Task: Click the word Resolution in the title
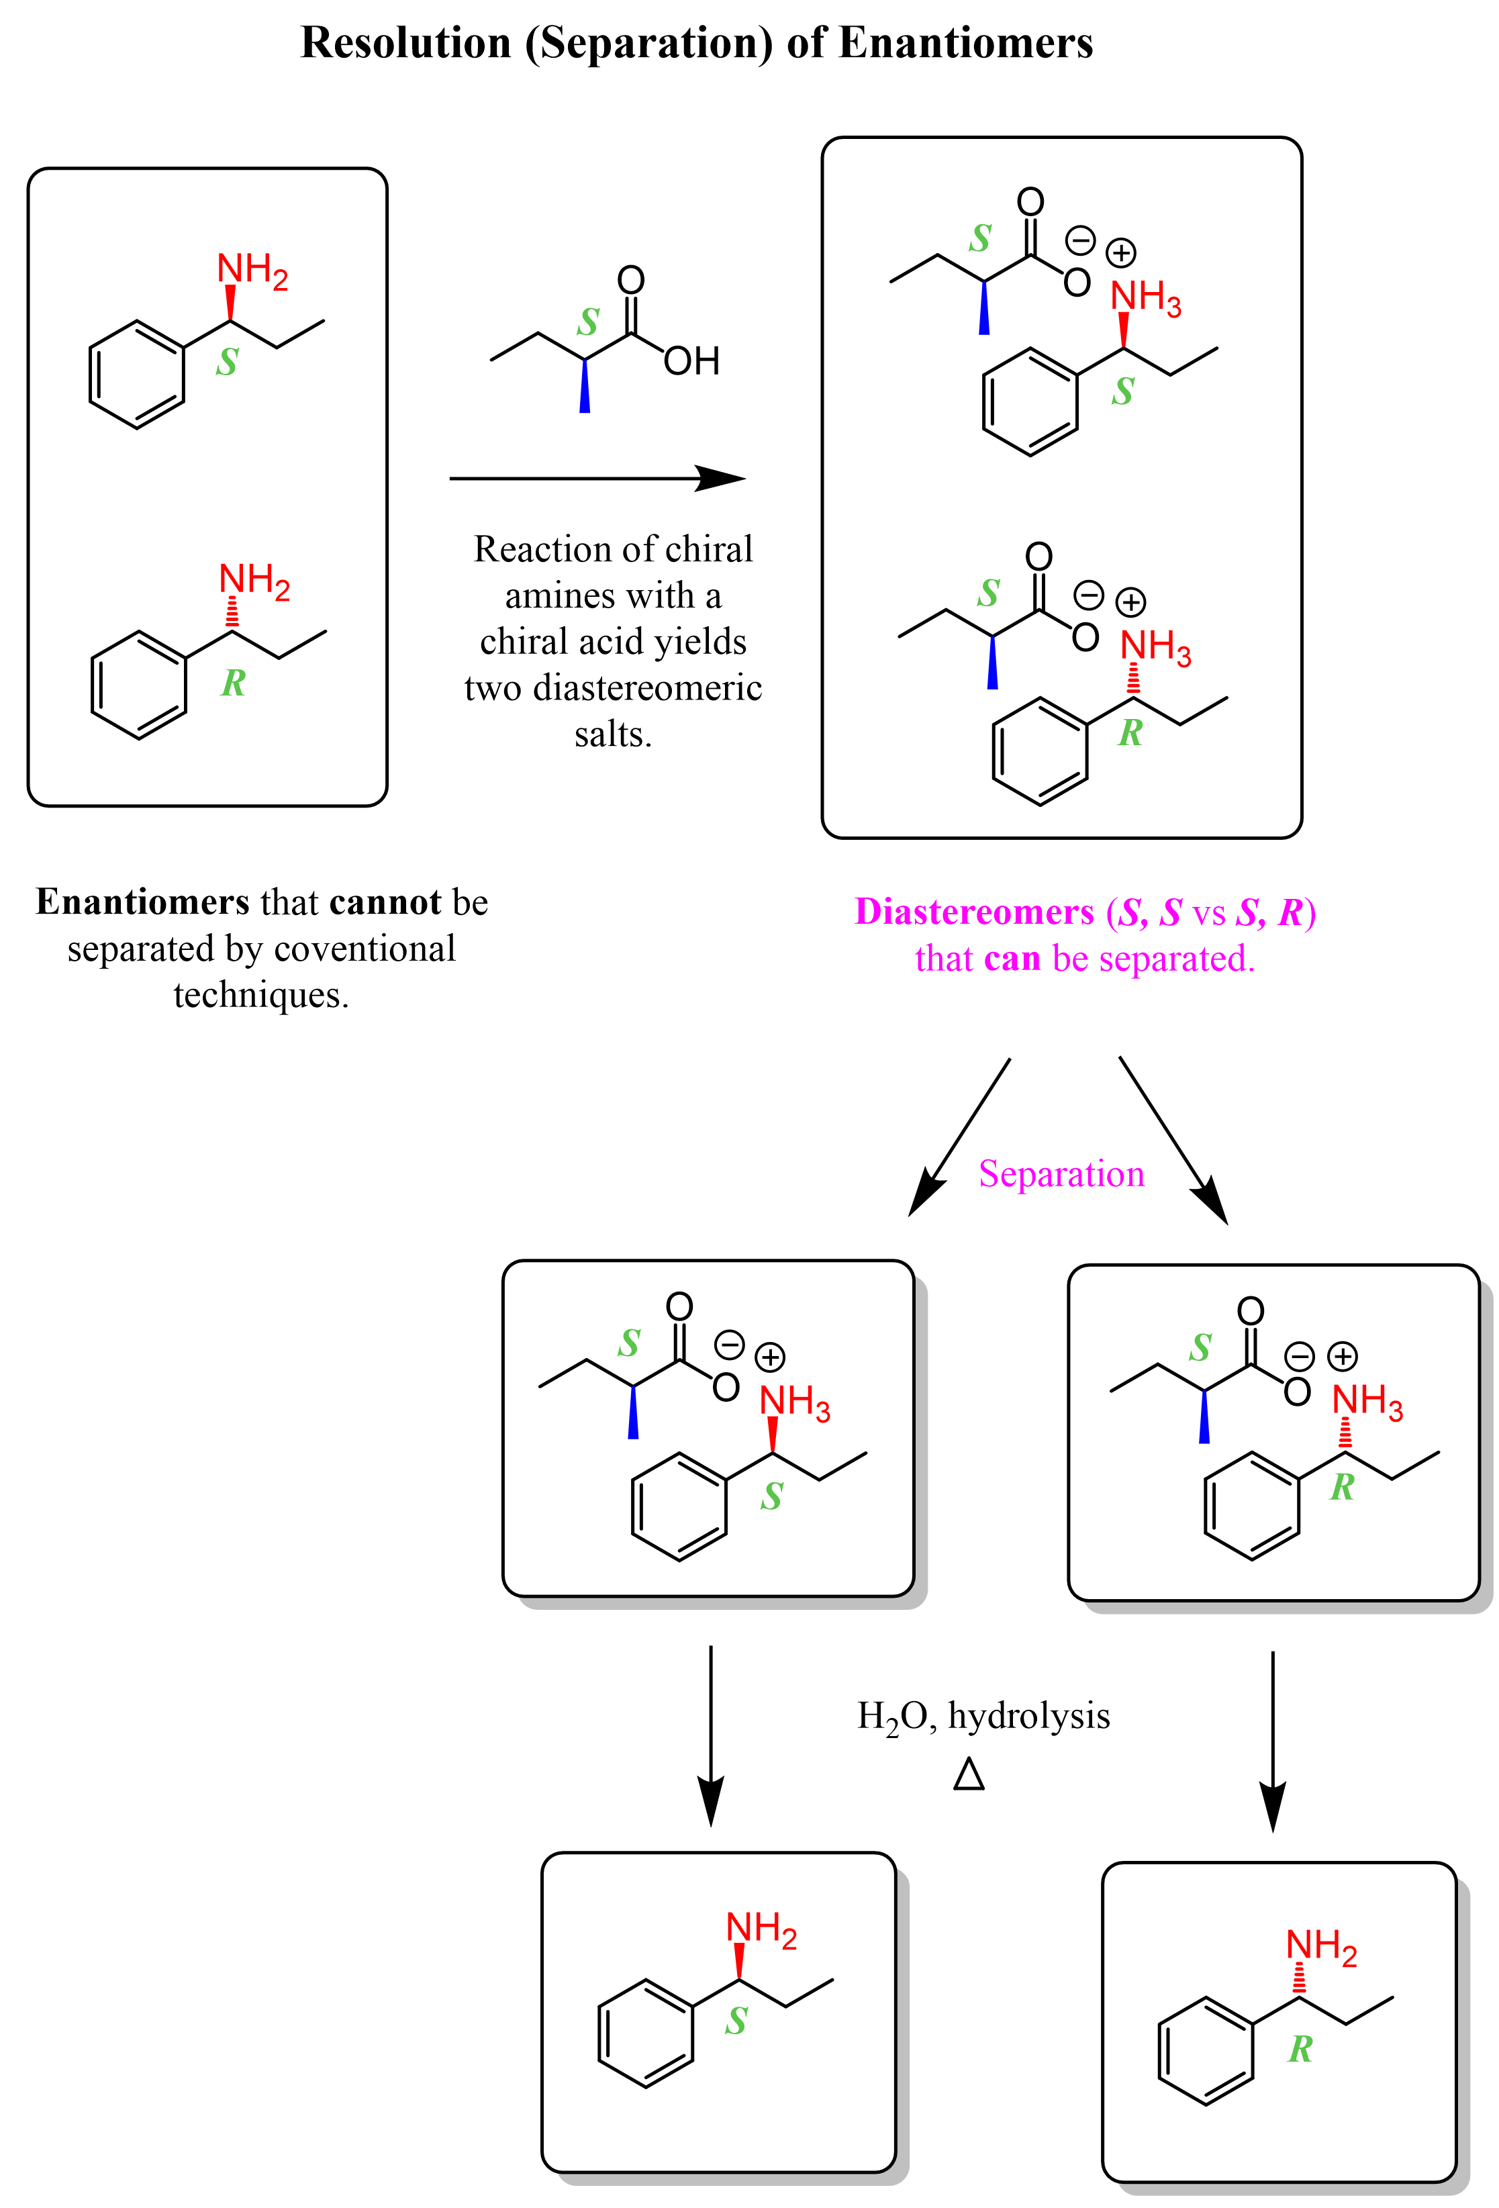[x=405, y=44]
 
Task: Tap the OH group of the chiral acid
[x=691, y=361]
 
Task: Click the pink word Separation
[x=1061, y=1174]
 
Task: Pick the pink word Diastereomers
[x=973, y=912]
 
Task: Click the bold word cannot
[x=385, y=902]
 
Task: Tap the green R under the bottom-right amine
[x=1300, y=2050]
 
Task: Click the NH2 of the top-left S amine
[x=252, y=271]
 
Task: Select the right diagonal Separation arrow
[x=1173, y=1140]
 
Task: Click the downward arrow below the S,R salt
[x=1272, y=1741]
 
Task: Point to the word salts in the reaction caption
[x=613, y=734]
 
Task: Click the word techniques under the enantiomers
[x=260, y=995]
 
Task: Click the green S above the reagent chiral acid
[x=588, y=323]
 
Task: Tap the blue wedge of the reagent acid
[x=584, y=387]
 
